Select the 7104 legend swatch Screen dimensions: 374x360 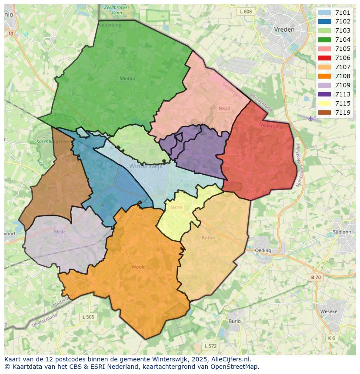click(324, 40)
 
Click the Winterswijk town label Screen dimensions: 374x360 click(146, 166)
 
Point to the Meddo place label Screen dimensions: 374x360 click(127, 79)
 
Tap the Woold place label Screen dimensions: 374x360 click(138, 267)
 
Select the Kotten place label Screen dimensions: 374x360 click(209, 238)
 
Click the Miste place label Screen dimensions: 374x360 click(60, 232)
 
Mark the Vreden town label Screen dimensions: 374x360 click(284, 30)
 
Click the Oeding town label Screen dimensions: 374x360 click(263, 250)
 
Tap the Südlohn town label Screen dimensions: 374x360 click(341, 232)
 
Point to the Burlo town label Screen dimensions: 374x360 click(234, 321)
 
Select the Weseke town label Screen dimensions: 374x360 click(328, 312)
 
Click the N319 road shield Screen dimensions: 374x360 click(176, 207)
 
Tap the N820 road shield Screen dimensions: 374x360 click(224, 109)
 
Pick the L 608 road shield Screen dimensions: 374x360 click(246, 12)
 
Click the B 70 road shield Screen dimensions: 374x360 click(316, 277)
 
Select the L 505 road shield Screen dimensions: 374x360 click(88, 317)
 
